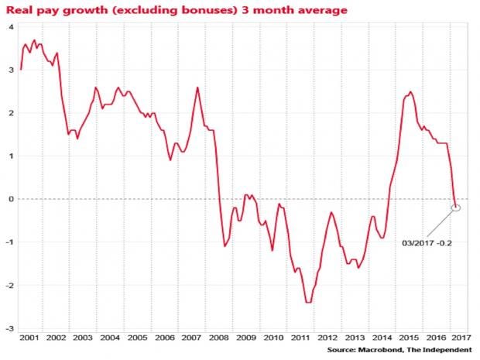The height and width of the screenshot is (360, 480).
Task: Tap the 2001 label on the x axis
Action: tap(29, 338)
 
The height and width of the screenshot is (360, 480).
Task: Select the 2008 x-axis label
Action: tap(218, 338)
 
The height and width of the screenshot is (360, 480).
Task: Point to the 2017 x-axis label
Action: tap(460, 338)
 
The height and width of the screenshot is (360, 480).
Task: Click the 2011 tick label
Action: tap(298, 338)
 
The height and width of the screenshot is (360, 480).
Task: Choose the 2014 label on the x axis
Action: tap(379, 338)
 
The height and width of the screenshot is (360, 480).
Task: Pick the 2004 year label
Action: tap(110, 338)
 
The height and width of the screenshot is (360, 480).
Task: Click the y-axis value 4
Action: tap(11, 27)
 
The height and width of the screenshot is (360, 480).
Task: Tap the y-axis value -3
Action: tap(9, 328)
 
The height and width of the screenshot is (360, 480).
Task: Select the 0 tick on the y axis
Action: tap(11, 199)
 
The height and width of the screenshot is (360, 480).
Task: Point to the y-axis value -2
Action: tap(9, 285)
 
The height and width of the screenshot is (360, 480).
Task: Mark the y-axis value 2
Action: tap(11, 113)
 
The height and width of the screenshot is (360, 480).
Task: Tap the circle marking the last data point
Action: tap(456, 207)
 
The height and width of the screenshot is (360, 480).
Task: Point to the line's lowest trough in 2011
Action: tap(308, 302)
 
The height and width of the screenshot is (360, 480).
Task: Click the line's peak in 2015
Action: tap(410, 92)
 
